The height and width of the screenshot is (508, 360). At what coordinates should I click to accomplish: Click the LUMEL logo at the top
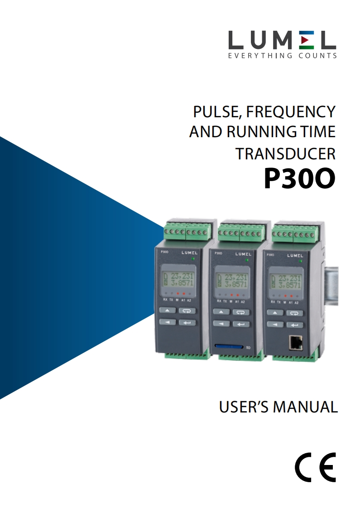282,41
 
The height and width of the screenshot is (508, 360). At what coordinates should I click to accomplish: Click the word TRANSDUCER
285,154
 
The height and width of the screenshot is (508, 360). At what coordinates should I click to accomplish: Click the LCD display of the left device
177,281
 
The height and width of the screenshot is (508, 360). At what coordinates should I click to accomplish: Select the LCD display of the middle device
231,281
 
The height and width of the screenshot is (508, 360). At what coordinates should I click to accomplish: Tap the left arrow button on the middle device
221,324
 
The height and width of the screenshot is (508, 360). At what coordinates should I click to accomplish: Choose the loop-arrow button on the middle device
240,312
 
